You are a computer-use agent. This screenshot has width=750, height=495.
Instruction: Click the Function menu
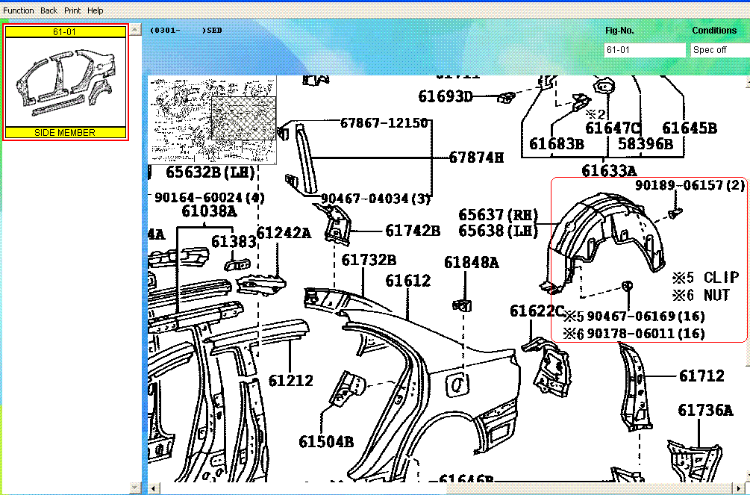19,10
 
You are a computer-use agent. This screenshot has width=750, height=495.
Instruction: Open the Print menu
72,10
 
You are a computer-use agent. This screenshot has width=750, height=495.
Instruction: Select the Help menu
96,10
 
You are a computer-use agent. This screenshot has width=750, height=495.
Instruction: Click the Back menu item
49,10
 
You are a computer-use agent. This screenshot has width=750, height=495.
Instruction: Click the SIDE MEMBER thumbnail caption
65,132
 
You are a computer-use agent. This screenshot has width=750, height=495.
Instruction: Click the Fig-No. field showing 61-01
644,50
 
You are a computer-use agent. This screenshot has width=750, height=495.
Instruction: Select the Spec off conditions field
718,50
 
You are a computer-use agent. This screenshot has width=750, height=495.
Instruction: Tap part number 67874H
476,158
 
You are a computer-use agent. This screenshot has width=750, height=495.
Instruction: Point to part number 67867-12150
384,122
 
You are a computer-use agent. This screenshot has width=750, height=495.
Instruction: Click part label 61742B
413,231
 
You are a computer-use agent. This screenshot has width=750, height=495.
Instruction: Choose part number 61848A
472,262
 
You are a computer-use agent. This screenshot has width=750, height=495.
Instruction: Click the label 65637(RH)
499,215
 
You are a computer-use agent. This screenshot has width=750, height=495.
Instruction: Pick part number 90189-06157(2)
690,185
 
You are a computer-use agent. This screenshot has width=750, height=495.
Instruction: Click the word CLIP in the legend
721,278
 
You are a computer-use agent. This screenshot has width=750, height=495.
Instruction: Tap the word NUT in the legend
717,296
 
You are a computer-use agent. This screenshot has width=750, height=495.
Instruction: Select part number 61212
291,381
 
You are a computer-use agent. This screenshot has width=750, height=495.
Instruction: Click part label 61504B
326,442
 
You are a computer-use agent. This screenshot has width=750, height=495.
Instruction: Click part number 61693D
446,96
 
